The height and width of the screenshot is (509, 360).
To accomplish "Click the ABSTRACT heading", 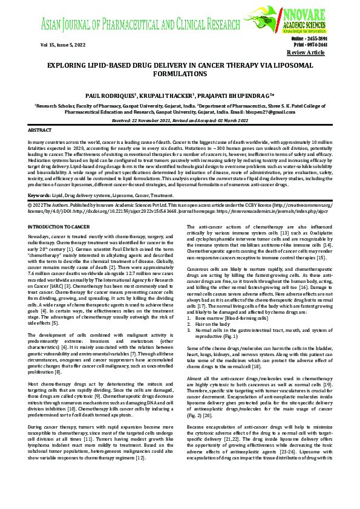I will click(40, 130).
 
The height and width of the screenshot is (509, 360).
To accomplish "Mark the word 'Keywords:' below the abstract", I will click(39, 195).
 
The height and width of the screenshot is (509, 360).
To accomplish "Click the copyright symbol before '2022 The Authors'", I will click(30, 205).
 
